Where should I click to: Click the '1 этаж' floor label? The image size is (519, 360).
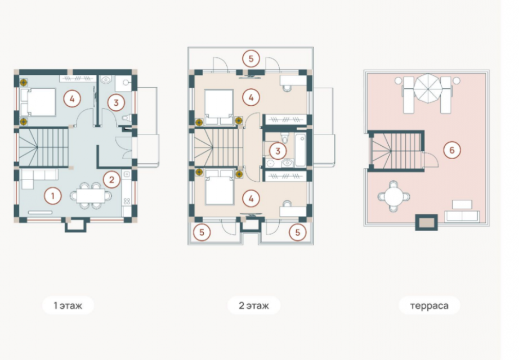coord(68,305)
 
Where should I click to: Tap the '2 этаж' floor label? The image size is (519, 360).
coord(254,305)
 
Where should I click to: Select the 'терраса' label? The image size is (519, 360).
coord(429,306)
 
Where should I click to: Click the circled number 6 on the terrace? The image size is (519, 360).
coord(452,150)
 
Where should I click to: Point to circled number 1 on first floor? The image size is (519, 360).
coord(52,196)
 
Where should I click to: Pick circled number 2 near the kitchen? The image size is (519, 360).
coord(111,179)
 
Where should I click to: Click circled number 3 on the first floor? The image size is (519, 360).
coord(116,102)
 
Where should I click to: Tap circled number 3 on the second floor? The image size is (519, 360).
coord(278,151)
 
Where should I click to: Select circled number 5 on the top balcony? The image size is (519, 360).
coord(251,58)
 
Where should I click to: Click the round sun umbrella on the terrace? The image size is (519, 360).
coord(428,88)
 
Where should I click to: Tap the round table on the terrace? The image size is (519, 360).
coord(394,196)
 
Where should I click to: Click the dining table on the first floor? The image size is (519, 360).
coord(91,196)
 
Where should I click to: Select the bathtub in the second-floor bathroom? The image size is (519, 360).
coord(301,150)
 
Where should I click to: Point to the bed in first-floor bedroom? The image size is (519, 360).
coord(38,102)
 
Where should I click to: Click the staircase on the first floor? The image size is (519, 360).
coord(43,147)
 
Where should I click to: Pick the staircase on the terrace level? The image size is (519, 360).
coord(396,151)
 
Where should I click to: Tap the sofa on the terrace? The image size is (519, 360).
coord(462,217)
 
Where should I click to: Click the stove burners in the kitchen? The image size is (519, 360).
coord(127,201)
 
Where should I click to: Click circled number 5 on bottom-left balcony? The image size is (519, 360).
coord(202,232)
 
